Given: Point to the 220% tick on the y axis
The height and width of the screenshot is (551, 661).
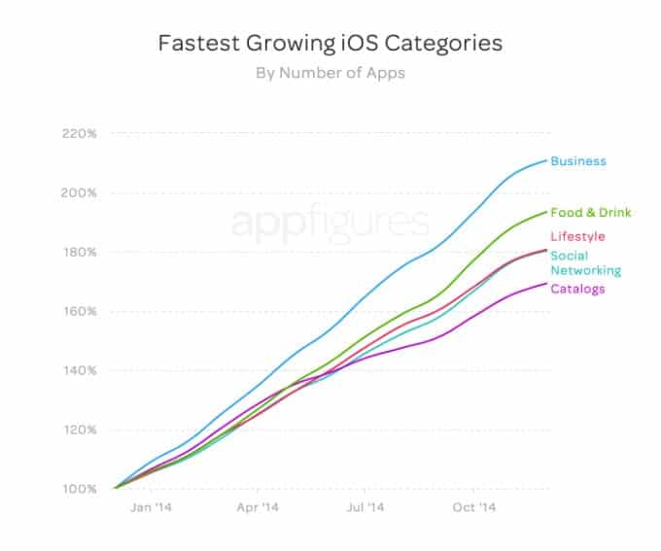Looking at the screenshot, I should point(80,133).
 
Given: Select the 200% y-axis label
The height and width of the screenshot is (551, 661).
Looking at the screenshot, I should point(80,192).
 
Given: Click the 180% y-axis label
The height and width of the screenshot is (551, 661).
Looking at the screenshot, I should point(80,252).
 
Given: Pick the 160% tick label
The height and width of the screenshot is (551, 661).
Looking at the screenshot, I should point(80,311).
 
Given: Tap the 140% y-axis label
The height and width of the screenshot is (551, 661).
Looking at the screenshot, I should point(80,370).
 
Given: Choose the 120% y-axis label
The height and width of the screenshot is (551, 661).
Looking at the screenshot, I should point(80,430).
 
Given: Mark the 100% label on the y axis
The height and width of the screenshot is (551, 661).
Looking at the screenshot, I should point(80,489).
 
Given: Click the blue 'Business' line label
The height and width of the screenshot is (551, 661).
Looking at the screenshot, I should point(578,161).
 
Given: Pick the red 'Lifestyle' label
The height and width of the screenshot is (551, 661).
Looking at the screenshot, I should point(577,236).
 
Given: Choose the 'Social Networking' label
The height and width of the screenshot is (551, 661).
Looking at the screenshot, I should point(586,263).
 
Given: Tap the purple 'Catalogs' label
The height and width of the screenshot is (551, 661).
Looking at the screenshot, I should point(577,289).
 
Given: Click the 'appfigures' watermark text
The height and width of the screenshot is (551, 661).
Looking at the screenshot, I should point(330,223).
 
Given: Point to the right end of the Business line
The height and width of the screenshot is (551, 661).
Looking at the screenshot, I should point(546,160).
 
